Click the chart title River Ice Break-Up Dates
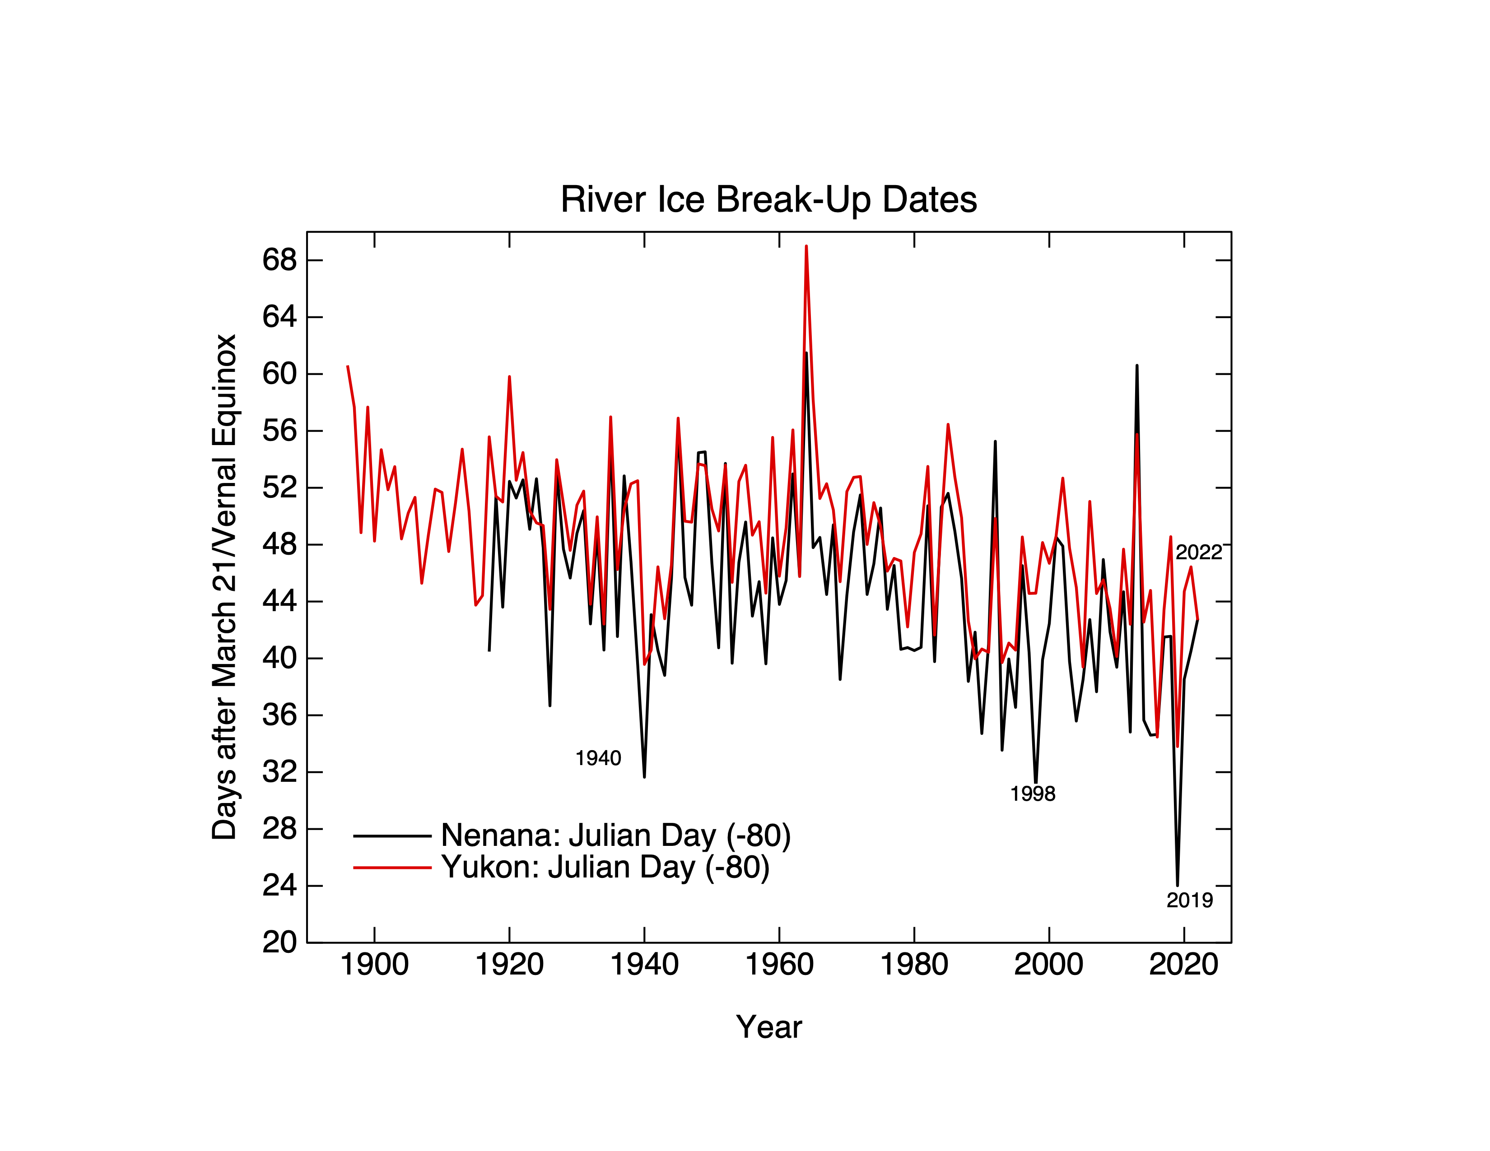[769, 200]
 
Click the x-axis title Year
[769, 1026]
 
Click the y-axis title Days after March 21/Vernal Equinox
[224, 586]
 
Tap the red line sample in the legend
[392, 868]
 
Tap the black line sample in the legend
[392, 835]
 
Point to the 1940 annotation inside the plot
[598, 758]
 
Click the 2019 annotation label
[1189, 900]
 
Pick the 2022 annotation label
[1199, 552]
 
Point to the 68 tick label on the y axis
[280, 260]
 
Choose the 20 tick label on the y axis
[280, 942]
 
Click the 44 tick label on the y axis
[280, 601]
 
